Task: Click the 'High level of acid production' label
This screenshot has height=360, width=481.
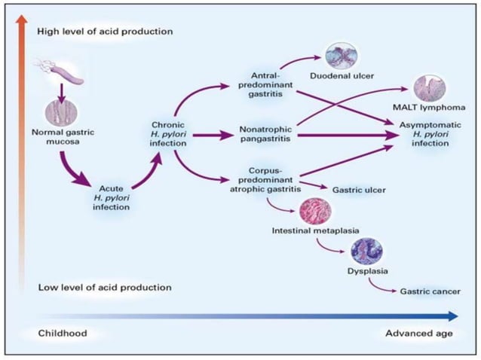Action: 105,32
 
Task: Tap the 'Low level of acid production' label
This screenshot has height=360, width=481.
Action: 103,288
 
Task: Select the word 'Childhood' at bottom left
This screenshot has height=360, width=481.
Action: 64,332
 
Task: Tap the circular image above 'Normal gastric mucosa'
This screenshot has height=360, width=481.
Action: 61,112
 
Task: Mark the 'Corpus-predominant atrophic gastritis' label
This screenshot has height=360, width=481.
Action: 269,182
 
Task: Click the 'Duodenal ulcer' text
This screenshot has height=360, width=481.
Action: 341,75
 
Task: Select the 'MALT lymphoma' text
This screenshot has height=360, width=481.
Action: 428,107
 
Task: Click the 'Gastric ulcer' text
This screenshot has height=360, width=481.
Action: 359,191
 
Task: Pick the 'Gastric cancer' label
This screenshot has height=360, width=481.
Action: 428,291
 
